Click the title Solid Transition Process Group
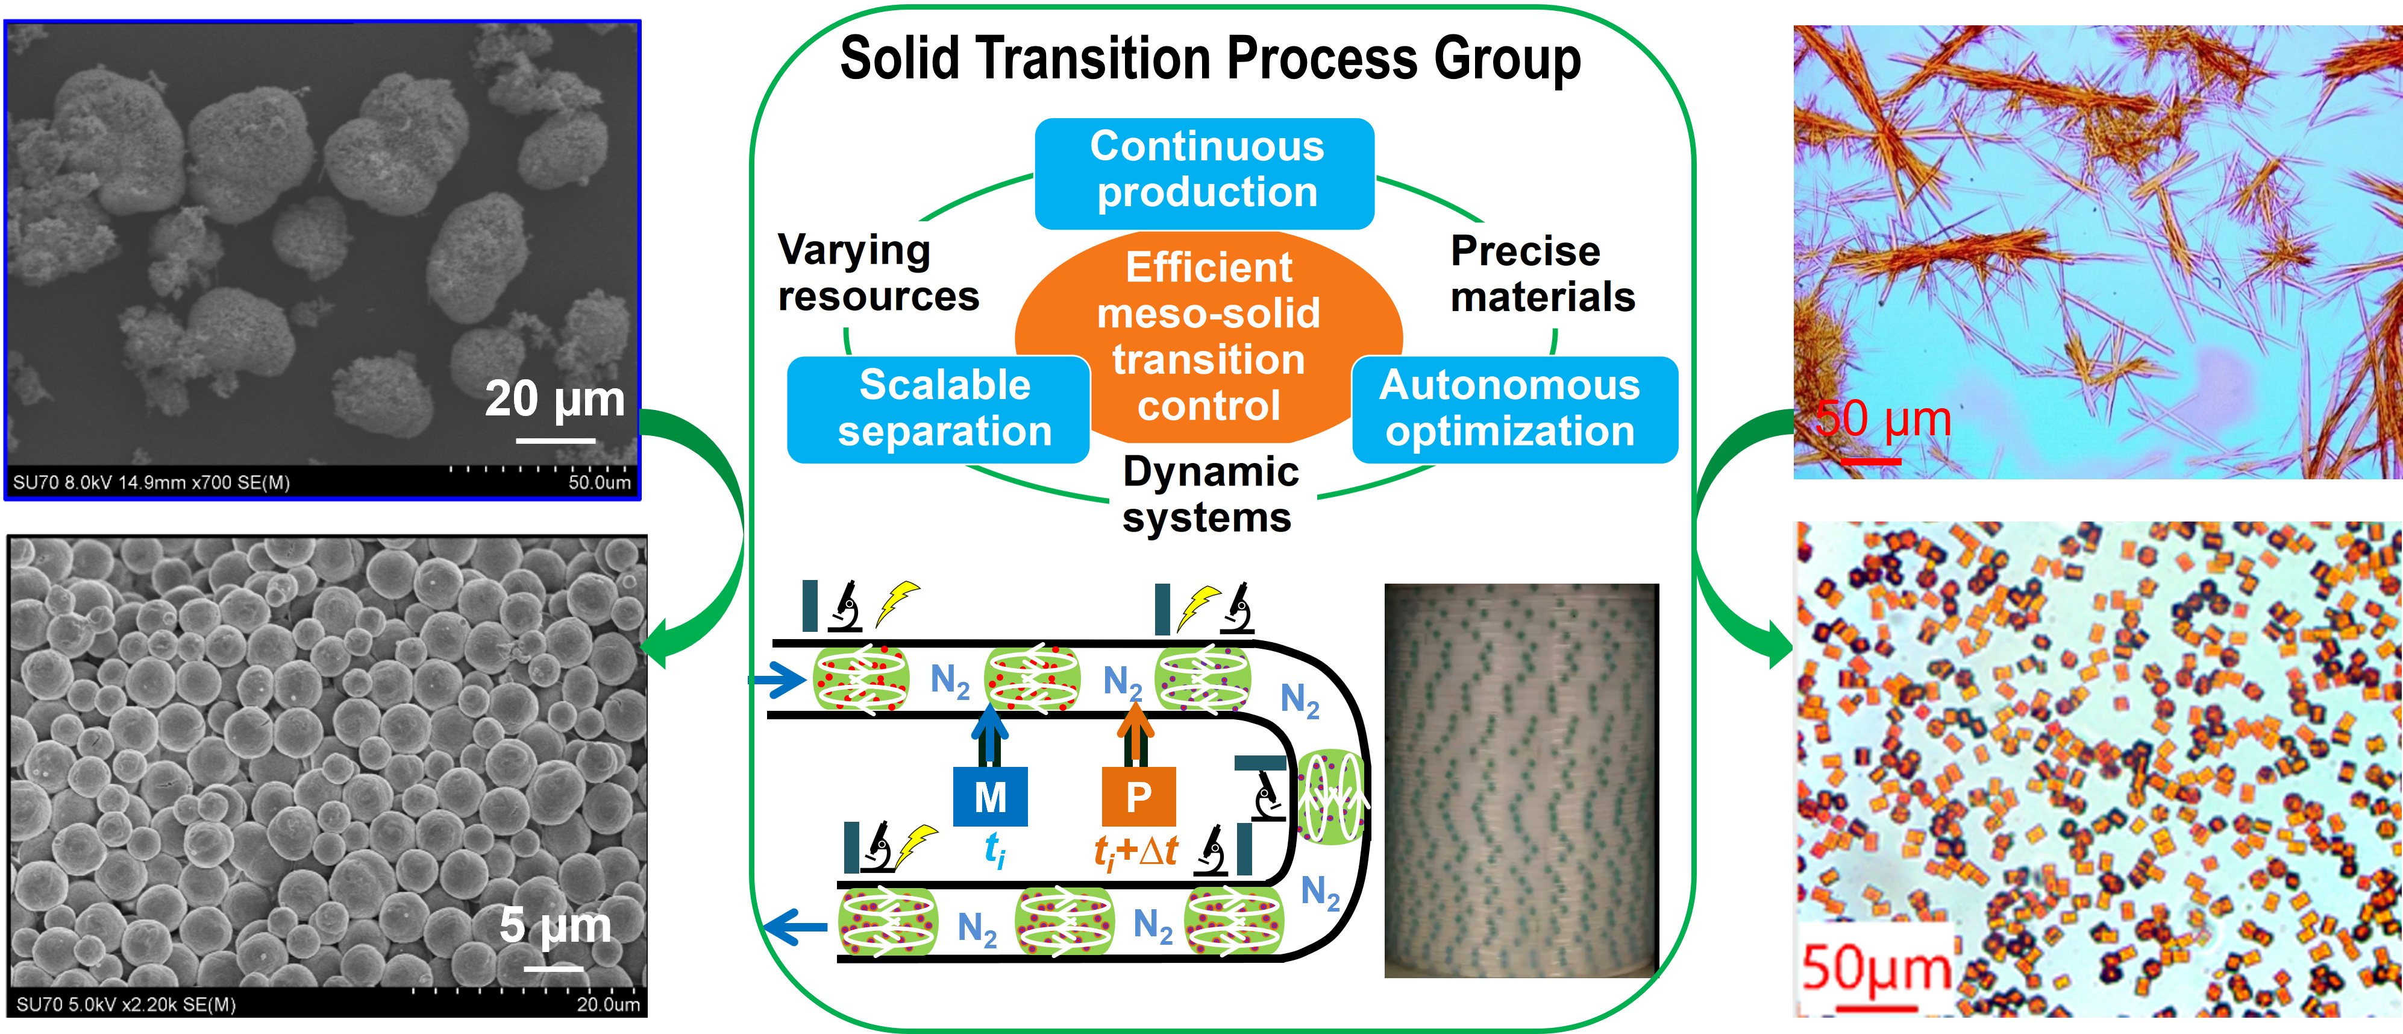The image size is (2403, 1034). pos(1210,59)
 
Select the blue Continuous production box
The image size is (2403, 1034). pos(1205,171)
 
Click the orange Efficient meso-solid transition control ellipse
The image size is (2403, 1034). pos(1209,336)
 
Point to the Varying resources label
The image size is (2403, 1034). pos(878,274)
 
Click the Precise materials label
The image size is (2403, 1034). pos(1542,274)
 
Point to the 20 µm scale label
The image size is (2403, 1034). pos(555,399)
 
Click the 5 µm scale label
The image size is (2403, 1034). pos(555,925)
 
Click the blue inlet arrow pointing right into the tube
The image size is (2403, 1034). pos(778,679)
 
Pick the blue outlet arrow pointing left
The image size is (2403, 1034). pos(795,927)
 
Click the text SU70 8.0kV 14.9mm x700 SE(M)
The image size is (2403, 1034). pos(151,482)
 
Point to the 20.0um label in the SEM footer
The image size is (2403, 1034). pos(607,1004)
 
